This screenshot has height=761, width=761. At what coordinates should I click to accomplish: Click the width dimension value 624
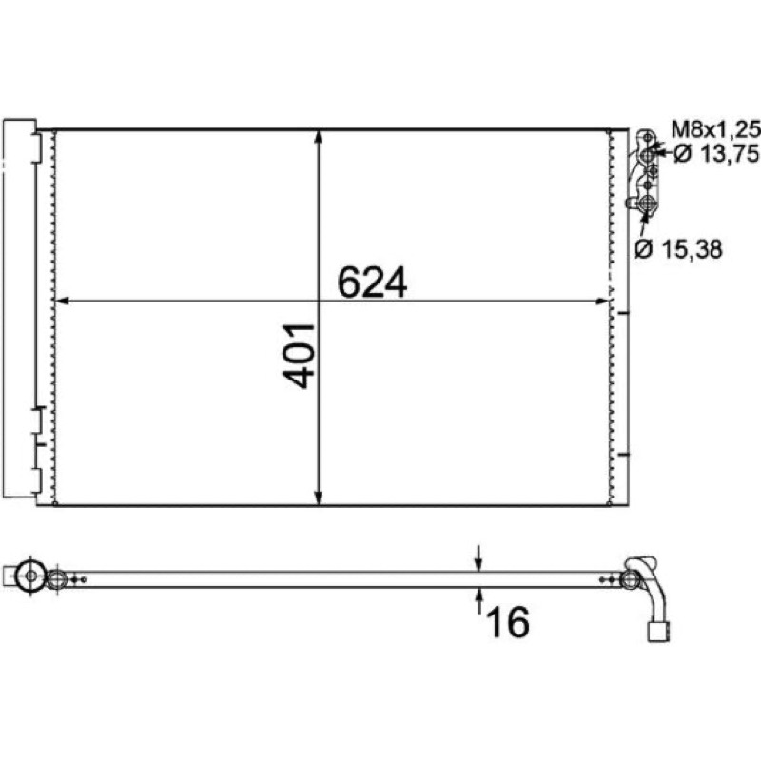(372, 282)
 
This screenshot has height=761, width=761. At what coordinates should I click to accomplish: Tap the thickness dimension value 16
(508, 622)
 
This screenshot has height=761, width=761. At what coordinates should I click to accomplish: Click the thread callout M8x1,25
(715, 129)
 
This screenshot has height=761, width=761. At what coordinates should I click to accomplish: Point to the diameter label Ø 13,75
(716, 154)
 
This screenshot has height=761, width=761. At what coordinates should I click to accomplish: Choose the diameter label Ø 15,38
(678, 249)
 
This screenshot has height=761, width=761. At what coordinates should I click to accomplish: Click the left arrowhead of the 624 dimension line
(62, 302)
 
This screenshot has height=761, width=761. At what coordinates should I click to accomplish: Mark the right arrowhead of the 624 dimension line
(602, 302)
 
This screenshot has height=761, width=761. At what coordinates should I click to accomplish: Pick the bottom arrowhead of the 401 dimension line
(319, 498)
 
